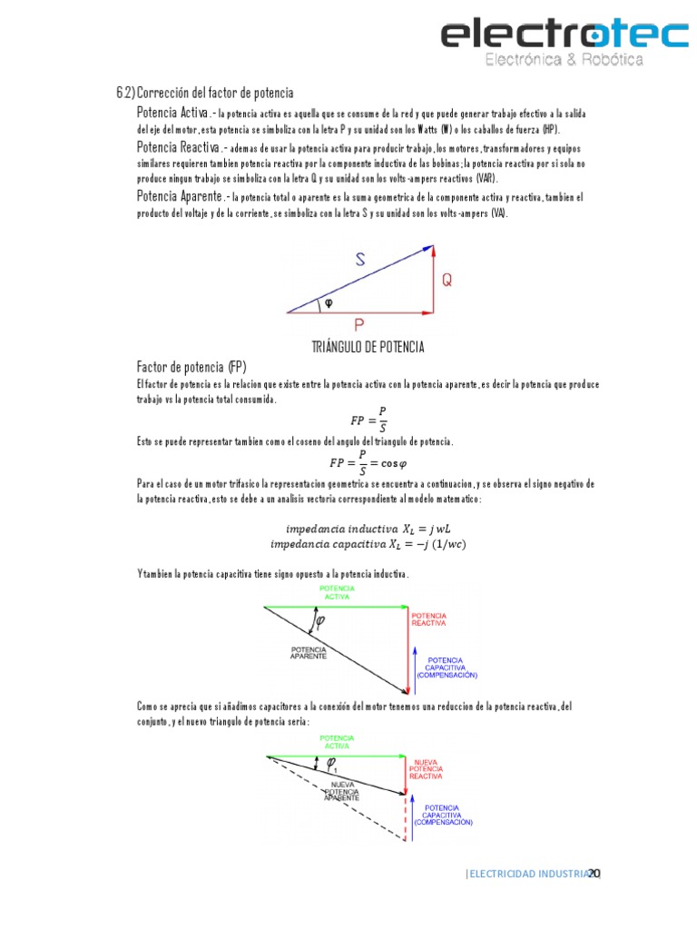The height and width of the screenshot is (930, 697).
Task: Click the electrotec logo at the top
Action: (x=564, y=42)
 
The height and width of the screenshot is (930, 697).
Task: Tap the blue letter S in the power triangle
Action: (x=360, y=260)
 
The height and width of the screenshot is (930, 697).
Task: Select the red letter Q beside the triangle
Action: (x=447, y=281)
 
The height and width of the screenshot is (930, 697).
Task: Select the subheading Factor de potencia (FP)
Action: (x=191, y=367)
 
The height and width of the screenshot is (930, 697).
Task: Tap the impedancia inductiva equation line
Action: (x=368, y=529)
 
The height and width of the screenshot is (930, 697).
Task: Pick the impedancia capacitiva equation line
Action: (x=368, y=544)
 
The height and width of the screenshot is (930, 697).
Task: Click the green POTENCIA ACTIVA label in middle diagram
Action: (x=337, y=592)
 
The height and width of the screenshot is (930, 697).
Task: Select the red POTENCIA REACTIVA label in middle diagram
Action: (x=427, y=619)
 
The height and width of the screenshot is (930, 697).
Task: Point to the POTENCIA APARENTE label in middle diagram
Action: (x=309, y=652)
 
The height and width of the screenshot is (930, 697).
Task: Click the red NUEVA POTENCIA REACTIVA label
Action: (x=426, y=769)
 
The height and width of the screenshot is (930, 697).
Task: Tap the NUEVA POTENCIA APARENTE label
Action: (x=343, y=791)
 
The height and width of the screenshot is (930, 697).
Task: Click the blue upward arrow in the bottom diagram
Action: (x=414, y=814)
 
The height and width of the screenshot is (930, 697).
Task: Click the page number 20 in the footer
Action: (x=594, y=874)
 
